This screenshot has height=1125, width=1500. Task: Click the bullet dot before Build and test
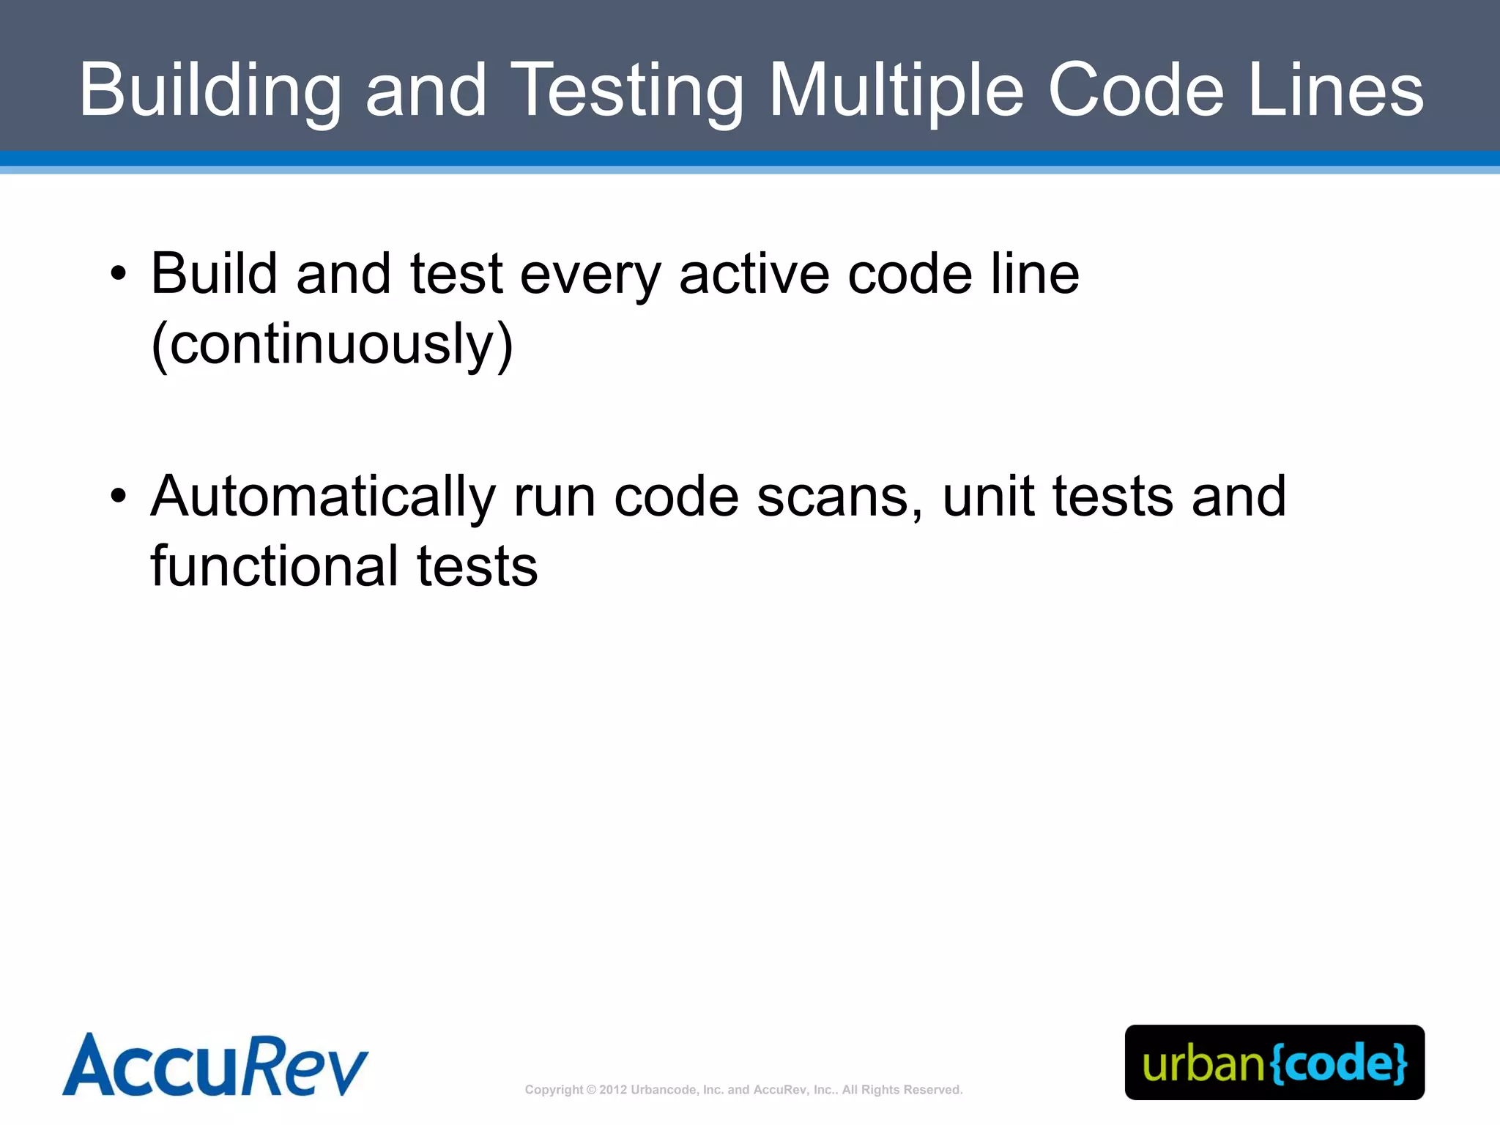pyautogui.click(x=118, y=275)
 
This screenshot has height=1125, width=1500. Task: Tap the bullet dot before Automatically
pyautogui.click(x=118, y=497)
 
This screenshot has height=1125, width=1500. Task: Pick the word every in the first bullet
pyautogui.click(x=590, y=275)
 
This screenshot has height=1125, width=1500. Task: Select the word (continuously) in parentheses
pyautogui.click(x=332, y=344)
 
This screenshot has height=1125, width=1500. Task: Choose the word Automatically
pyautogui.click(x=323, y=497)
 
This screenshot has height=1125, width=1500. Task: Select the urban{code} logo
pyautogui.click(x=1274, y=1063)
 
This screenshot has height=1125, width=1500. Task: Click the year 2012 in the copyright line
pyautogui.click(x=613, y=1090)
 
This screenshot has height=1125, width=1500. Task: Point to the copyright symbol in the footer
pyautogui.click(x=592, y=1090)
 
